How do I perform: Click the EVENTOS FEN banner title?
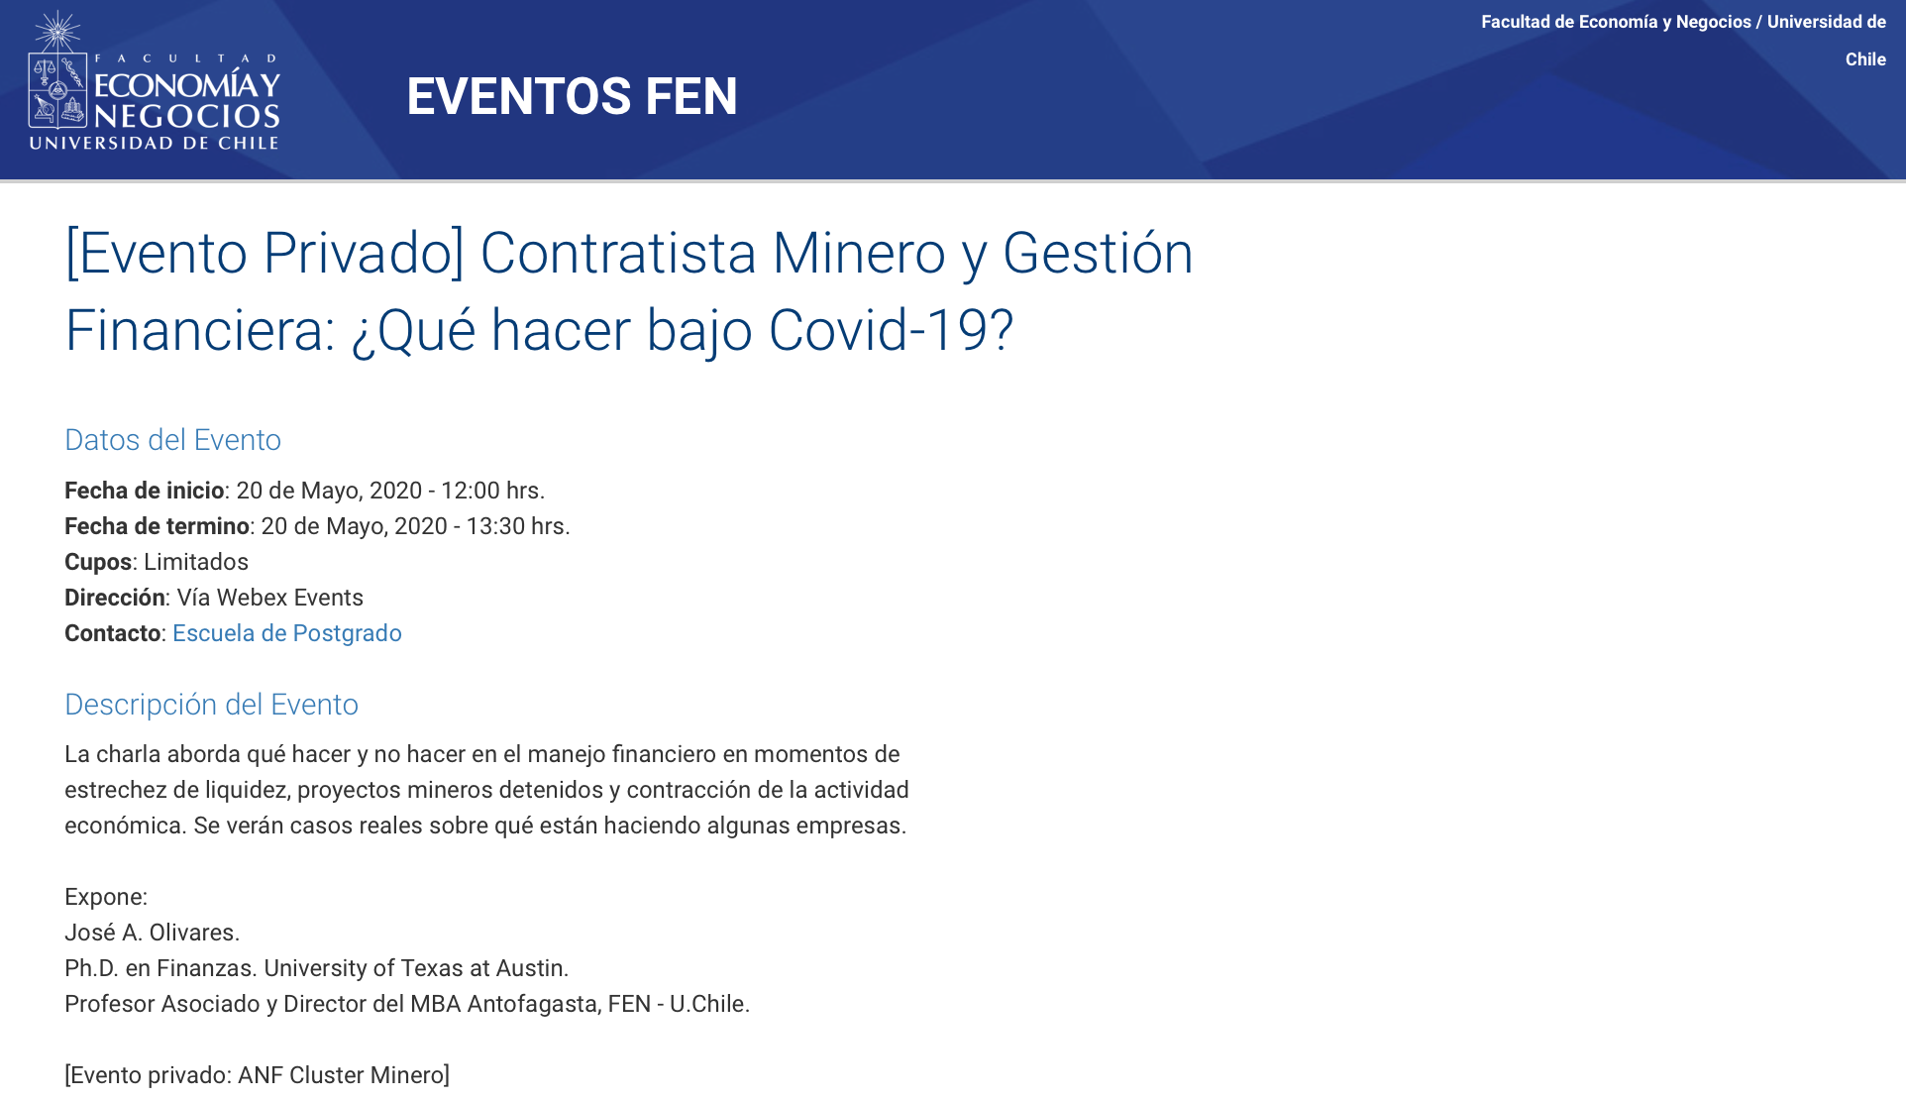coord(572,96)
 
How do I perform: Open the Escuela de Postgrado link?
coord(287,633)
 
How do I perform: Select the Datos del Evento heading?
coord(172,440)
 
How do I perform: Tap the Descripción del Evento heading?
coord(211,705)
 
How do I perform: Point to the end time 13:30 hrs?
coord(518,526)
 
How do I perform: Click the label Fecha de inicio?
coord(144,491)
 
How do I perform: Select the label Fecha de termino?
coord(157,526)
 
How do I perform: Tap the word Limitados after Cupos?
coord(196,562)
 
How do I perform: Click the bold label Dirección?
coord(115,598)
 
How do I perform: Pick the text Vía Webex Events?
coord(270,598)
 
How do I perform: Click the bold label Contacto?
coord(113,633)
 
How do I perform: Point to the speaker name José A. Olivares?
coord(152,933)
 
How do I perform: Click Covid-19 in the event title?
coord(891,330)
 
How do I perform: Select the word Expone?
coord(104,898)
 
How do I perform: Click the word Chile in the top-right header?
coord(1865,59)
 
